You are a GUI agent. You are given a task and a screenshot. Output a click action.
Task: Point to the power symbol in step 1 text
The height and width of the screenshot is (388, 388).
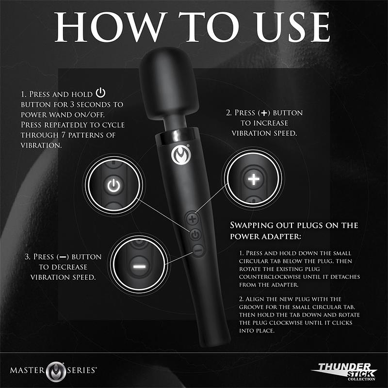coord(101,94)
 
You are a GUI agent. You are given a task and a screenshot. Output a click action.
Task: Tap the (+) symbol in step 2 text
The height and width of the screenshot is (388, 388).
coord(264,113)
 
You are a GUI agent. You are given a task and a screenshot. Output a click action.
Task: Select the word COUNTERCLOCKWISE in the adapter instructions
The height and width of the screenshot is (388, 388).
coord(271,277)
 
